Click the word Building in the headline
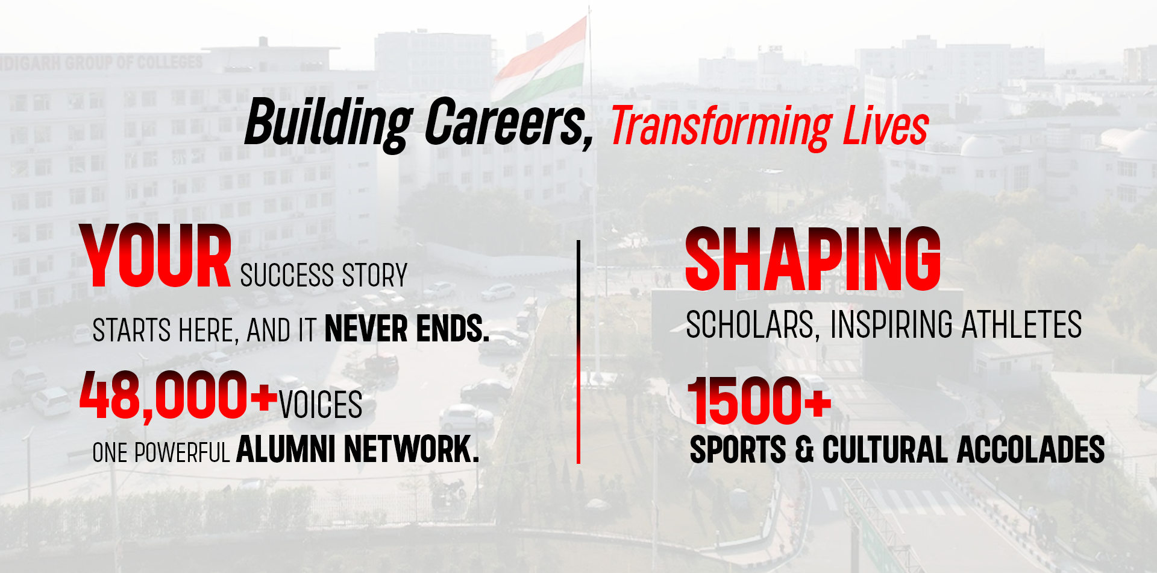pyautogui.click(x=328, y=123)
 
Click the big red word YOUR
pyautogui.click(x=155, y=256)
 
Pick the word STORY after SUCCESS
pyautogui.click(x=374, y=276)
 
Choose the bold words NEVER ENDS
pyautogui.click(x=407, y=329)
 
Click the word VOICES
pyautogui.click(x=321, y=405)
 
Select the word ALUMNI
pyautogui.click(x=286, y=449)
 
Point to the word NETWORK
pyautogui.click(x=412, y=449)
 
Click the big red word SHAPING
pyautogui.click(x=813, y=259)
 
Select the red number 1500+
pyautogui.click(x=759, y=400)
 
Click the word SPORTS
pyautogui.click(x=738, y=451)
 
